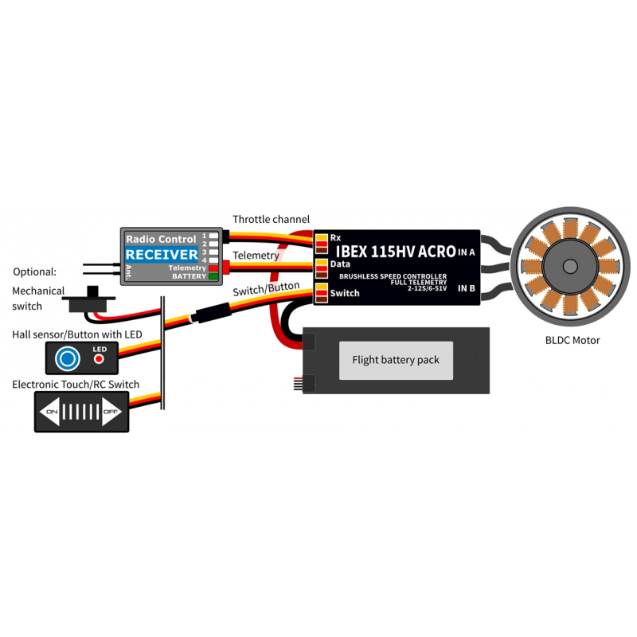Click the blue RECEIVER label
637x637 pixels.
point(162,255)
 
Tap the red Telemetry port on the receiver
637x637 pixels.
point(213,268)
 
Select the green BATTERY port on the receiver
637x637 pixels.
point(213,276)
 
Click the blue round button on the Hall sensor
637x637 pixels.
point(68,359)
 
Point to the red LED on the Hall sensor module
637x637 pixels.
point(99,359)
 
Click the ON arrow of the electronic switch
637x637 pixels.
point(49,412)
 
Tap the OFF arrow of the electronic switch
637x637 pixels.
point(111,412)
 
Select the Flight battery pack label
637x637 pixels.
point(396,360)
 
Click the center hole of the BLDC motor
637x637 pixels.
point(570,267)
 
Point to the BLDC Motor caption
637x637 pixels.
point(573,341)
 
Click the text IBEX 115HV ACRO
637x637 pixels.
point(396,252)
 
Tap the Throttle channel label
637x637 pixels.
point(271,220)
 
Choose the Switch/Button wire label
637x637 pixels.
point(266,289)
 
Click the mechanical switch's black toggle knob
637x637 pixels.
point(93,291)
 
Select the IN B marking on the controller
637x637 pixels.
point(467,288)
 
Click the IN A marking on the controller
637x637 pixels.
point(467,252)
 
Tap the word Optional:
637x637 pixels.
point(34,272)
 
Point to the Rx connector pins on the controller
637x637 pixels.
point(322,244)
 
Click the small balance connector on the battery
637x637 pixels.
point(299,384)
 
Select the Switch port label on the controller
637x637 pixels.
point(345,293)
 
